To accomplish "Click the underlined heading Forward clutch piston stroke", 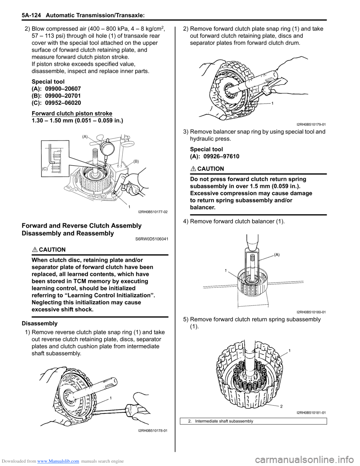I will pos(72,113).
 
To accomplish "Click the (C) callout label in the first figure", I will pos(45,169).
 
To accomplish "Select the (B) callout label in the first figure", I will pos(136,161).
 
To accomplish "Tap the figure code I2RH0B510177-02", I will pos(153,212).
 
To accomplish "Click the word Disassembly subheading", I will pos(39,323).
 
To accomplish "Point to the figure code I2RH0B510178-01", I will pos(153,430).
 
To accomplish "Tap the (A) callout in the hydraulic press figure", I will pos(277,255).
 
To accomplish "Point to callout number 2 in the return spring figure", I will pos(281,406).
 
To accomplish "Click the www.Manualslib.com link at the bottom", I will pos(58,461).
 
